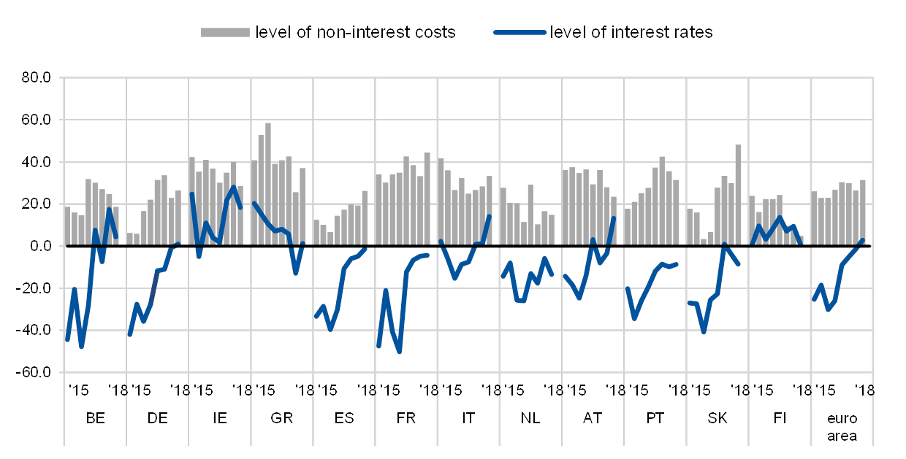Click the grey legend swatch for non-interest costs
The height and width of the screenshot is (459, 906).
[226, 32]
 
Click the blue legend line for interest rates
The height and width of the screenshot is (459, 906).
[519, 32]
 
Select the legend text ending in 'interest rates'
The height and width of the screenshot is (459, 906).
[633, 32]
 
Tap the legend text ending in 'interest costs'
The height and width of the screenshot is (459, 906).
[357, 32]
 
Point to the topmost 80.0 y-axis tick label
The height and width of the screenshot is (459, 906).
[39, 77]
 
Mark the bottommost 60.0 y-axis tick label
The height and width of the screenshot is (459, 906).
[39, 373]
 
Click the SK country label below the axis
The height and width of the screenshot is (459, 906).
[717, 418]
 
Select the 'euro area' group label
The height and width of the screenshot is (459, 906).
[842, 427]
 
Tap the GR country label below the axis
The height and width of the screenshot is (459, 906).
[281, 418]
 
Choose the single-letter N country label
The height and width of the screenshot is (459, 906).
[525, 418]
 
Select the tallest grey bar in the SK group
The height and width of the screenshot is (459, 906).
[738, 195]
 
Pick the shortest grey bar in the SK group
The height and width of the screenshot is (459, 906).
[704, 242]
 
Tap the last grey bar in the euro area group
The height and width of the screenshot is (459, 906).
[863, 212]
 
